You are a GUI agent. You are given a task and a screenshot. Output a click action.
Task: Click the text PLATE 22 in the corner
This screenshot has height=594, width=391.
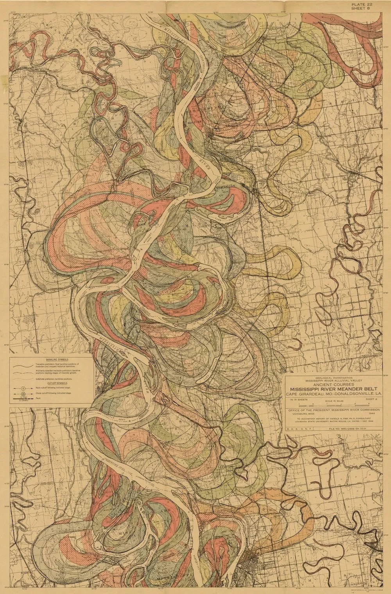[x=361, y=4]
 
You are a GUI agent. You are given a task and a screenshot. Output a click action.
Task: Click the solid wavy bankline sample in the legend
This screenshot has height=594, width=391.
[x=23, y=364]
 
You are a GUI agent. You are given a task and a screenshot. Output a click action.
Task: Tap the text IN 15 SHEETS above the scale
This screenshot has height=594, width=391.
[x=296, y=400]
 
